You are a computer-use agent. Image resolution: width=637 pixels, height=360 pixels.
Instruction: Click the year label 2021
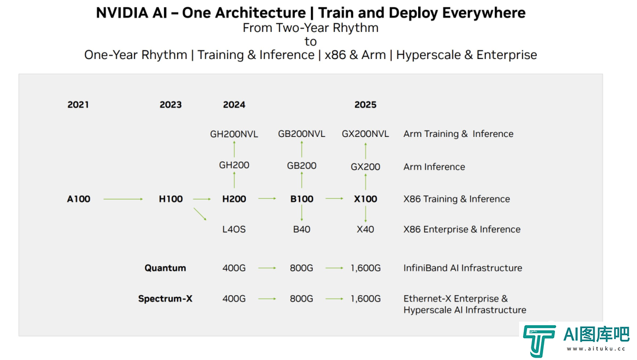[x=78, y=105]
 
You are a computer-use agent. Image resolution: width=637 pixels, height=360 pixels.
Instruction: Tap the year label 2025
[x=365, y=105]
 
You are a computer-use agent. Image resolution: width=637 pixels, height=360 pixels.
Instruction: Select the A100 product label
[x=78, y=199]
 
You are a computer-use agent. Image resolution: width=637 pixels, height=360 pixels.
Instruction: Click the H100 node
[x=170, y=199]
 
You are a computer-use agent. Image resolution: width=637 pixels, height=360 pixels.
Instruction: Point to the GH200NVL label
[x=234, y=134]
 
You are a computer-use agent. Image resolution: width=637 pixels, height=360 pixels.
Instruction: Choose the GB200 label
[x=301, y=166]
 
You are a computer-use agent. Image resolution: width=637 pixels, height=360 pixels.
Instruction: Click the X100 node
[x=365, y=199]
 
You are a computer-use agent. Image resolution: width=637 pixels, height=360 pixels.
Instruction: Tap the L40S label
[x=234, y=230]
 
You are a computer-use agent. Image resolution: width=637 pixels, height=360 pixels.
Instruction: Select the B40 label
[x=301, y=230]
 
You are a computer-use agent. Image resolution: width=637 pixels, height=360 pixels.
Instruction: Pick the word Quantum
[x=165, y=268]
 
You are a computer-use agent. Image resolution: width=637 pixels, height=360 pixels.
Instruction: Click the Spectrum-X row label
[x=165, y=299]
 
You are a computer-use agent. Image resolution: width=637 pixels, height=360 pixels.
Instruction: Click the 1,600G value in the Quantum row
[x=366, y=268]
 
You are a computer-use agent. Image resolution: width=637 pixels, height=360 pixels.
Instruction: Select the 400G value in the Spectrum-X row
[x=234, y=299]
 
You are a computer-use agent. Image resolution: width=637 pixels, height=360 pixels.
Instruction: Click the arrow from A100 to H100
[x=123, y=199]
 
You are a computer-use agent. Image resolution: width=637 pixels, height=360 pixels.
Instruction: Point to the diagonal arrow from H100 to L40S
[x=200, y=214]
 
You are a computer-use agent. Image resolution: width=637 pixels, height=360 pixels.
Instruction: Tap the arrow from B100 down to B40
[x=302, y=213]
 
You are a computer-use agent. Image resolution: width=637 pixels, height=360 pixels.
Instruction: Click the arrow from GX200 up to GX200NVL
[x=366, y=150]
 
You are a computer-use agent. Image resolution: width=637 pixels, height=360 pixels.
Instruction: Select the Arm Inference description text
[x=434, y=167]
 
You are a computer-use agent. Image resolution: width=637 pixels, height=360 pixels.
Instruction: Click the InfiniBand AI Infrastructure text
[x=463, y=268]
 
